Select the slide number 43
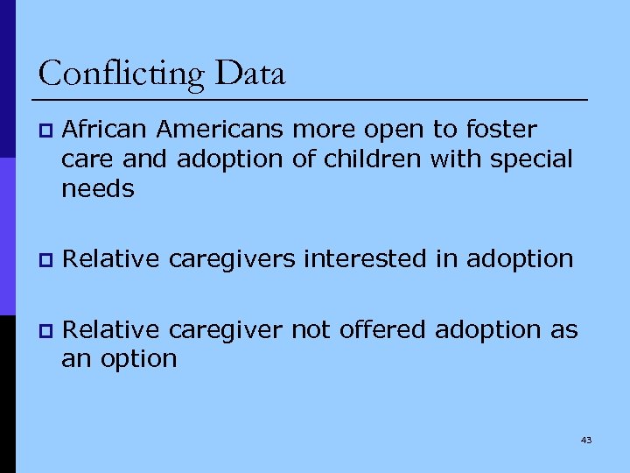tap(585, 440)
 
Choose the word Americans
tap(220, 130)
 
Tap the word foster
tap(498, 130)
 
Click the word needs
tap(98, 188)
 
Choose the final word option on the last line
tap(138, 359)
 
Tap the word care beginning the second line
tap(87, 160)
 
